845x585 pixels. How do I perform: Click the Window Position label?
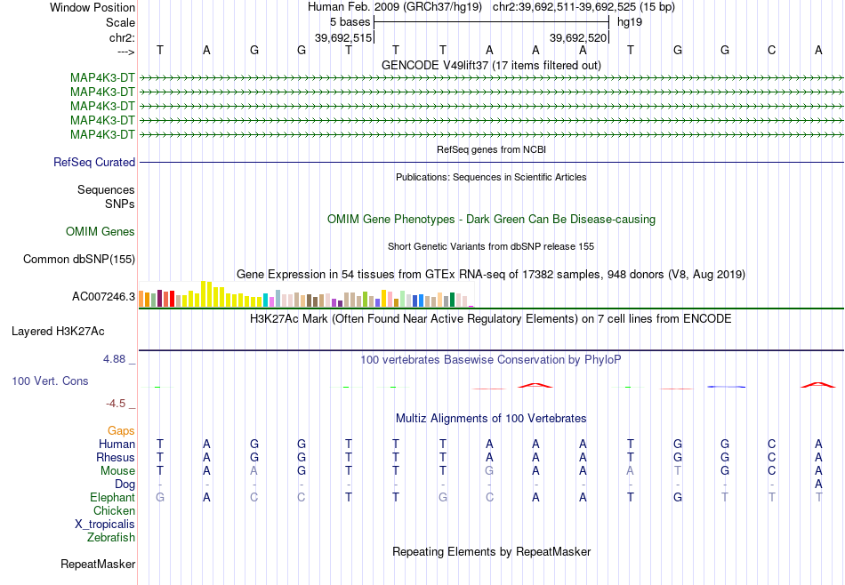pyautogui.click(x=93, y=7)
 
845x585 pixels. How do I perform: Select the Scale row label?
pyautogui.click(x=120, y=22)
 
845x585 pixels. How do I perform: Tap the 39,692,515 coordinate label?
pyautogui.click(x=343, y=37)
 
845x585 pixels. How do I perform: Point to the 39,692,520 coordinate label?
pyautogui.click(x=578, y=37)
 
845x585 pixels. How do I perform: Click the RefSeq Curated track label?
pyautogui.click(x=94, y=162)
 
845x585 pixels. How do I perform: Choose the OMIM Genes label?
pyautogui.click(x=101, y=232)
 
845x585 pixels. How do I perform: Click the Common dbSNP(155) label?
pyautogui.click(x=79, y=259)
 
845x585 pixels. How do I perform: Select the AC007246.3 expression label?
pyautogui.click(x=103, y=296)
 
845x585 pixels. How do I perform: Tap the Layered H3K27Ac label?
pyautogui.click(x=58, y=332)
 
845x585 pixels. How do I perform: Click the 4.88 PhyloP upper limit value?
pyautogui.click(x=114, y=359)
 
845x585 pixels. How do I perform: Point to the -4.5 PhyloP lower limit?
pyautogui.click(x=116, y=404)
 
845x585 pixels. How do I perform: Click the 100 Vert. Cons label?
pyautogui.click(x=50, y=381)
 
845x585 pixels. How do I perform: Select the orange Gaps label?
pyautogui.click(x=121, y=431)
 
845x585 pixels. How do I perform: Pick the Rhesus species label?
pyautogui.click(x=116, y=457)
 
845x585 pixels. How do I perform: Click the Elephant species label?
pyautogui.click(x=112, y=497)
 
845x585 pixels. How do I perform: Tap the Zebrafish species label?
pyautogui.click(x=111, y=537)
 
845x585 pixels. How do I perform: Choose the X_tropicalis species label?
pyautogui.click(x=105, y=525)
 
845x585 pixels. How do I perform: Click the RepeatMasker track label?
pyautogui.click(x=98, y=564)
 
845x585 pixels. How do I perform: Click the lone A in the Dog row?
pyautogui.click(x=818, y=484)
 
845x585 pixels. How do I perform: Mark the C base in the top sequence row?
pyautogui.click(x=772, y=50)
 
